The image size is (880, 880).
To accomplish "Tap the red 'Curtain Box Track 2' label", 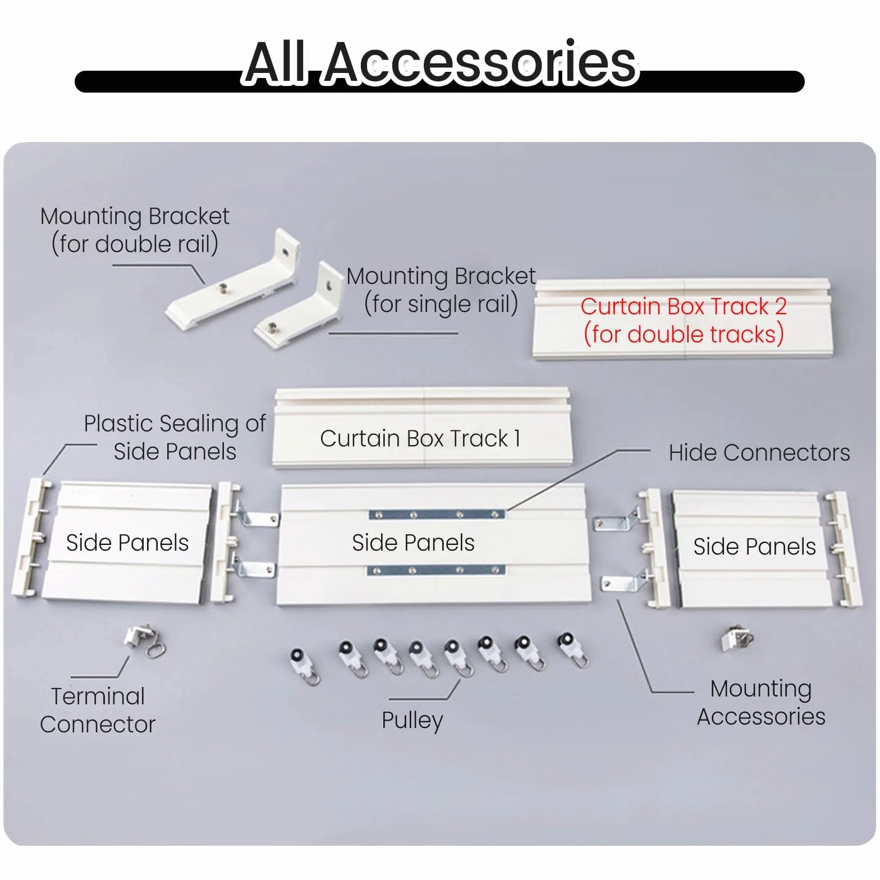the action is [x=684, y=320].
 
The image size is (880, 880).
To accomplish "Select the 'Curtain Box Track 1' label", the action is [x=420, y=438].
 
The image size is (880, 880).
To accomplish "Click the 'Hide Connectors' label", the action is [x=759, y=452].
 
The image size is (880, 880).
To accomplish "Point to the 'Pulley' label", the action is [x=412, y=721].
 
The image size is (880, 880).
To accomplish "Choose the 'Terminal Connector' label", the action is [x=98, y=711].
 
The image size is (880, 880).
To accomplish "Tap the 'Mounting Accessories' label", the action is [x=761, y=703].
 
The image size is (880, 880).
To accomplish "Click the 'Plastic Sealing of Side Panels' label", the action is [x=175, y=437].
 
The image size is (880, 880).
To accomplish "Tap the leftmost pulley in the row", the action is [x=305, y=666].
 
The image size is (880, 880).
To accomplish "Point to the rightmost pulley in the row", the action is [x=572, y=651].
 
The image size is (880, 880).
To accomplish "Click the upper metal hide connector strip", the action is [x=437, y=515].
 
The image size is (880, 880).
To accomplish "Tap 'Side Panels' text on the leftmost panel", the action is [x=127, y=543].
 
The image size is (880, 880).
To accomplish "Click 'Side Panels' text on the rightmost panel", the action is [x=754, y=546].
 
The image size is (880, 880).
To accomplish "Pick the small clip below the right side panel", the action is [x=736, y=639].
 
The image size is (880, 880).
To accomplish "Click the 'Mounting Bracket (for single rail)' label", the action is [x=441, y=290].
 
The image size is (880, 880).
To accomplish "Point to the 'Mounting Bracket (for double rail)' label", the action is [x=135, y=230].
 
